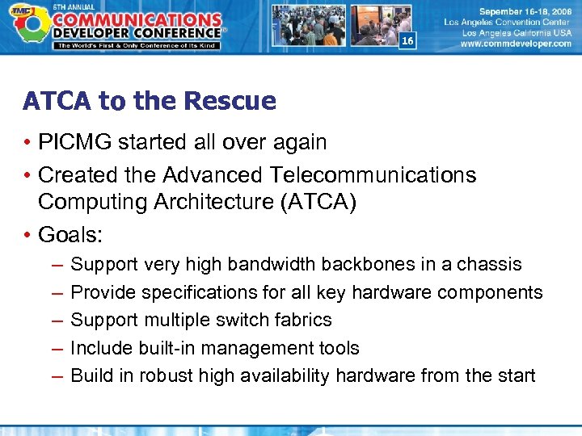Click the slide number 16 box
tap(407, 41)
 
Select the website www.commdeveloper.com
tap(516, 44)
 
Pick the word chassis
tap(493, 264)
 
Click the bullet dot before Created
tap(27, 175)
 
